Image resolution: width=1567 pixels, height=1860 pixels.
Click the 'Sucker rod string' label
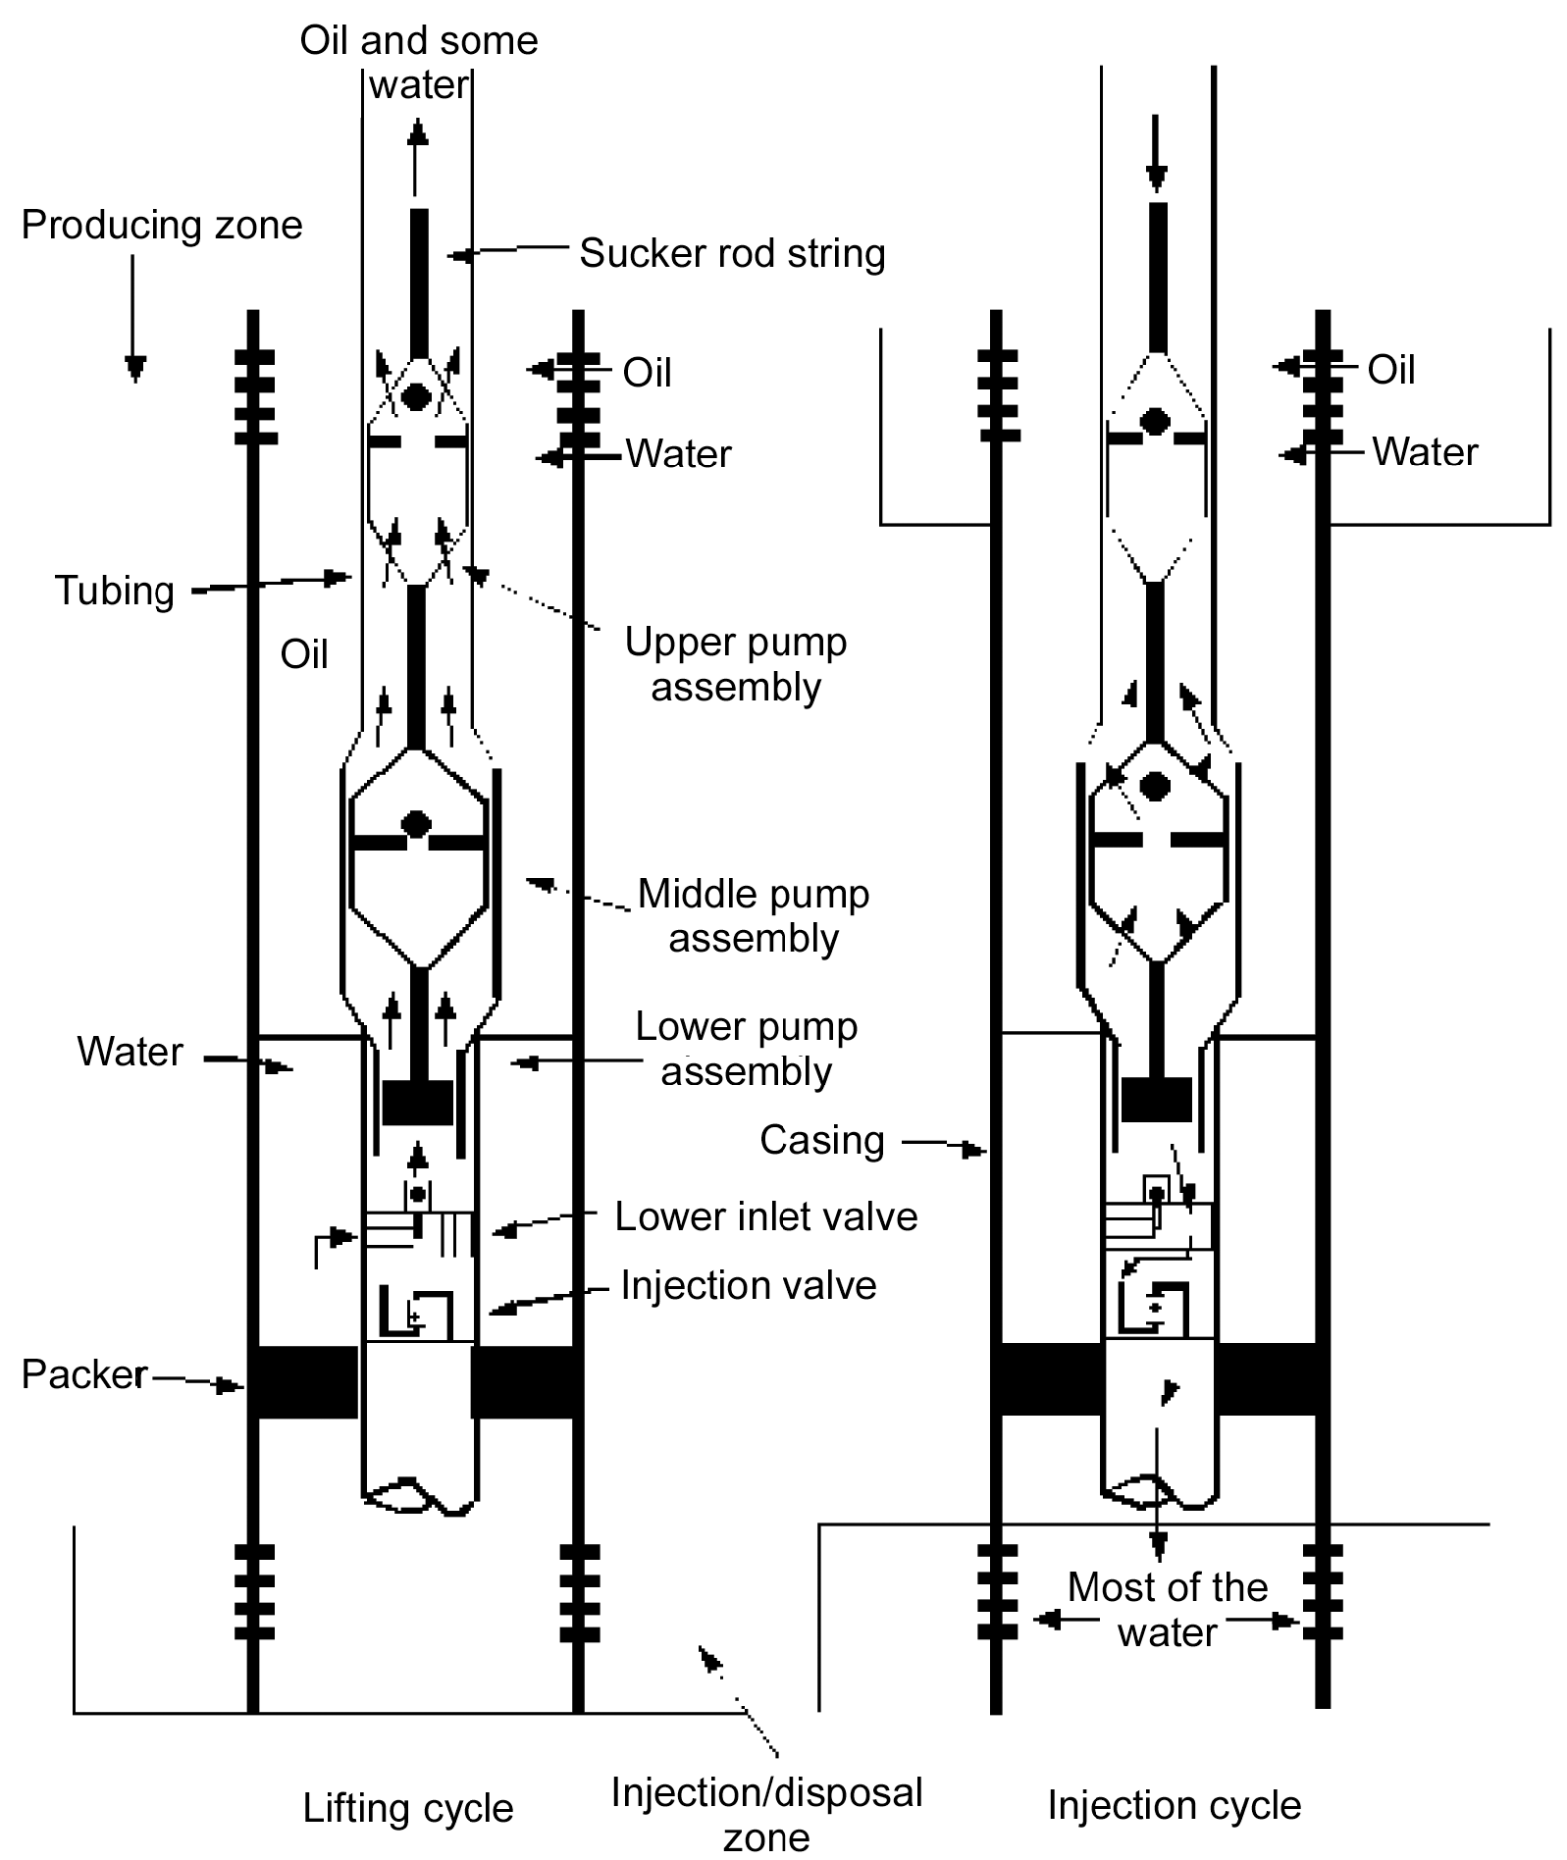[732, 253]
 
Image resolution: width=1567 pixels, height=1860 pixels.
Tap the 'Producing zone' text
[162, 226]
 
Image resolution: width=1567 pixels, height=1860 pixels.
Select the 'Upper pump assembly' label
[735, 664]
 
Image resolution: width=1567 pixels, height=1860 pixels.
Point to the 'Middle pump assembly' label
[753, 916]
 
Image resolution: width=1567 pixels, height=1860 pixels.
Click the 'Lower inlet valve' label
[765, 1216]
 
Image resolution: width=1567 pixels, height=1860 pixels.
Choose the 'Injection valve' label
[748, 1285]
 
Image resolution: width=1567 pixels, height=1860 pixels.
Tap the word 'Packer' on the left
[84, 1374]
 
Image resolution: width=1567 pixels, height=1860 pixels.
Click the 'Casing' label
[821, 1140]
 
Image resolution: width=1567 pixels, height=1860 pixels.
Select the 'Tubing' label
[115, 591]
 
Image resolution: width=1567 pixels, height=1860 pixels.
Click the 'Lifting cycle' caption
[407, 1808]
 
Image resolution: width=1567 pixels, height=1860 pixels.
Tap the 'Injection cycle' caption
[1174, 1805]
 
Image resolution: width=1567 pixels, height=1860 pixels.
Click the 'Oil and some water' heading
[419, 62]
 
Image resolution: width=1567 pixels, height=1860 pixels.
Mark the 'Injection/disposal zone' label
[766, 1814]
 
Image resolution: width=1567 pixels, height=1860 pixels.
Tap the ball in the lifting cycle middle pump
[417, 824]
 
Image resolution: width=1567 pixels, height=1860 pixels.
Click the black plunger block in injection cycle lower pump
[1156, 1099]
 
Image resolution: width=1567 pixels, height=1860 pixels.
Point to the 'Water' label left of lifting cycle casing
[130, 1052]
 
